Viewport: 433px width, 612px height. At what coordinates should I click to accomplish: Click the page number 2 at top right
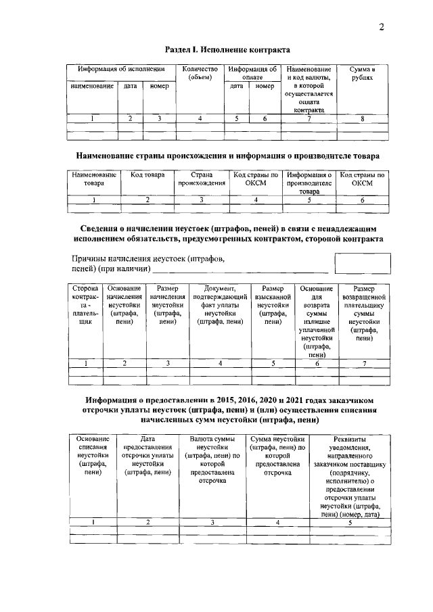click(382, 27)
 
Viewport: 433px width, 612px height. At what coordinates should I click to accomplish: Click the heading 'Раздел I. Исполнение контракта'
click(228, 49)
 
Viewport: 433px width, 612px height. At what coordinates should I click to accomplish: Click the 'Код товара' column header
click(147, 175)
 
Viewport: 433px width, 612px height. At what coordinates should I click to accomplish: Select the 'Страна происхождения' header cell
click(202, 179)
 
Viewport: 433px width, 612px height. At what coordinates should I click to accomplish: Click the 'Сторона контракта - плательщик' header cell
click(85, 305)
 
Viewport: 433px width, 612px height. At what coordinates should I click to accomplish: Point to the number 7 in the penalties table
click(364, 364)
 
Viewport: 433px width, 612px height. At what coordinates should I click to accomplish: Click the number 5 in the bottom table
click(349, 523)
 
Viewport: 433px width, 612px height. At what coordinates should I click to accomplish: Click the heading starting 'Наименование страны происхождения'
click(228, 156)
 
